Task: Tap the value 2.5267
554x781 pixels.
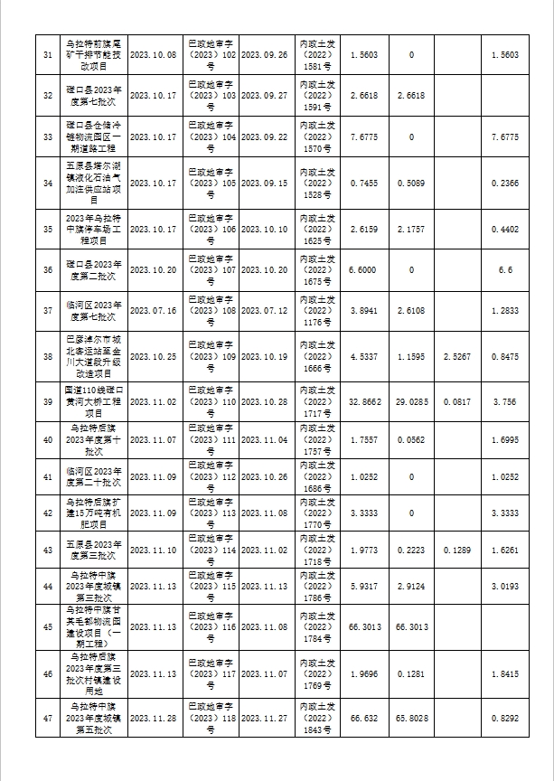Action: coord(457,357)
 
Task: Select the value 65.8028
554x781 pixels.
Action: coord(411,720)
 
